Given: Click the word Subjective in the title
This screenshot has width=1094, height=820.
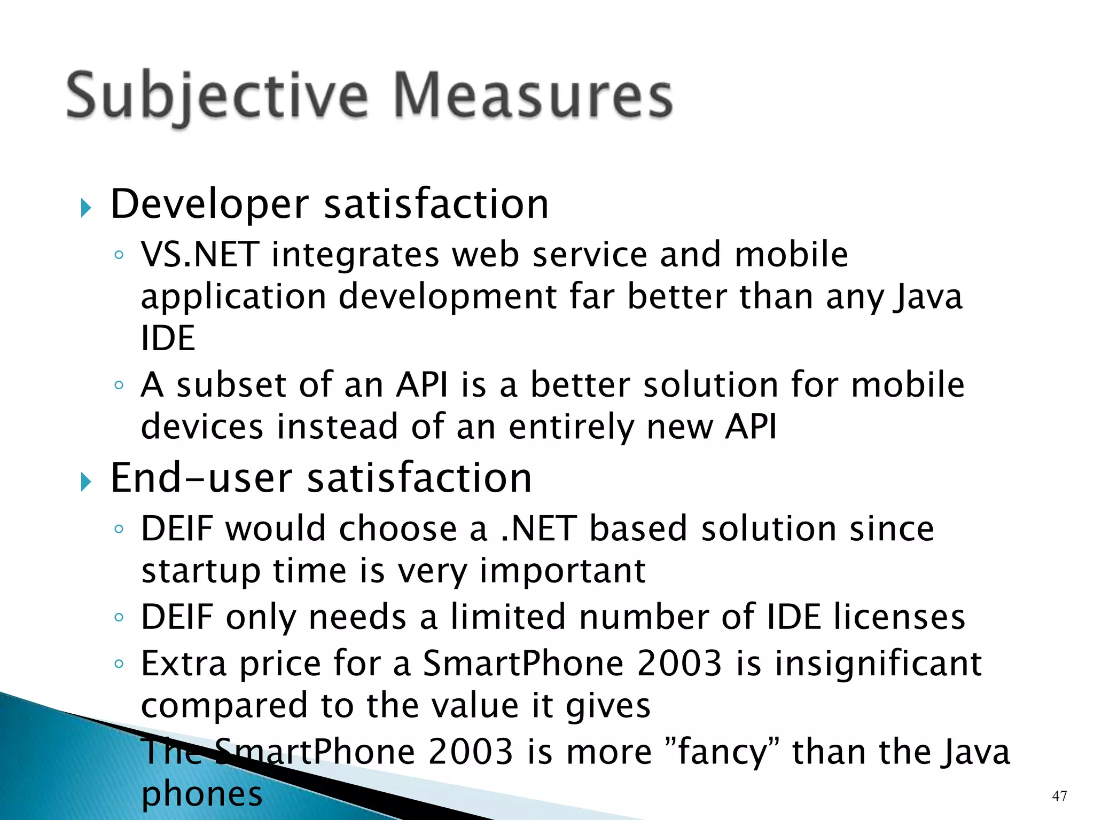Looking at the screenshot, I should coord(217,96).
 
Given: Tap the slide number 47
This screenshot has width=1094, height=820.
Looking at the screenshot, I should coord(1059,796).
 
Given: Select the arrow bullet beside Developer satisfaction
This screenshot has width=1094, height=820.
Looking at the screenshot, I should coord(86,207).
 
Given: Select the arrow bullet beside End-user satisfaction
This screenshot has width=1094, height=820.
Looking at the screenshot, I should coord(86,482).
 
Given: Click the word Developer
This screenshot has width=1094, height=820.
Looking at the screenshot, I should coord(209,205).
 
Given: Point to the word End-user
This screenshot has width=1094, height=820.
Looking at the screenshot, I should coord(201,478).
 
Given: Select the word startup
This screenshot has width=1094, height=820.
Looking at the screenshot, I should coord(201,571).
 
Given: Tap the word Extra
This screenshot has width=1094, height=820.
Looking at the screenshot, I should coord(184,664).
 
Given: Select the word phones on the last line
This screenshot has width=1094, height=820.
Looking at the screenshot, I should coord(202,794).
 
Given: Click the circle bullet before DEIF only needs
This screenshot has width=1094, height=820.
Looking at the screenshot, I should coord(119,618).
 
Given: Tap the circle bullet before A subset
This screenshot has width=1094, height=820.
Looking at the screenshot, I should coord(119,385).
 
